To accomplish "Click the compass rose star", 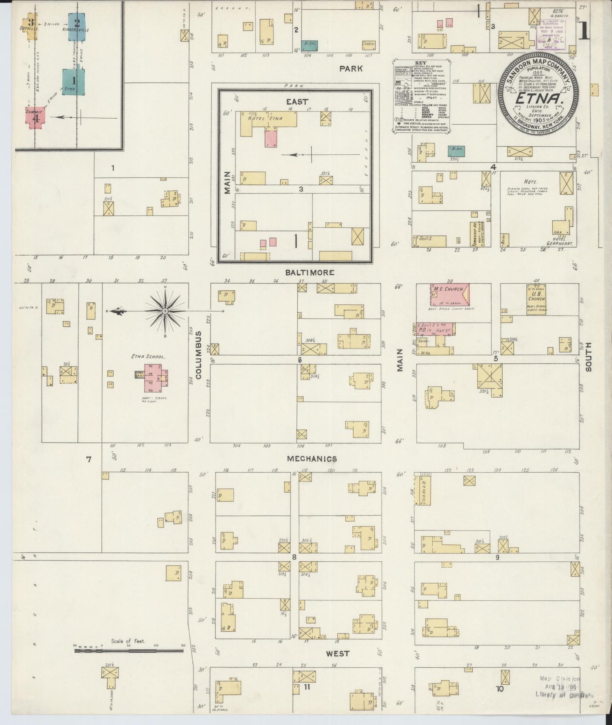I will [x=165, y=312].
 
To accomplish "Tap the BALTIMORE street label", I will [x=309, y=273].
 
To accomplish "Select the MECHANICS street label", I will [x=312, y=459].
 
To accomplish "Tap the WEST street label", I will [x=337, y=653].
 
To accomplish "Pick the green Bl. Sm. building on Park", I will [x=309, y=45].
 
